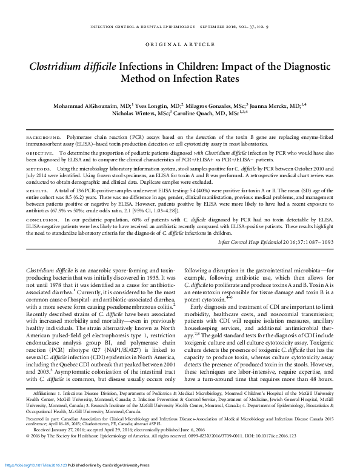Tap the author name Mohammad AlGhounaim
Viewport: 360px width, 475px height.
pyautogui.click(x=98, y=104)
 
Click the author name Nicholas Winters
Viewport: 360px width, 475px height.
pyautogui.click(x=136, y=112)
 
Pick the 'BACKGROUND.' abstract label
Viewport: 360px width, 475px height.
pyautogui.click(x=45, y=138)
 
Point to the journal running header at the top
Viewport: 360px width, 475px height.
pyautogui.click(x=180, y=26)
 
